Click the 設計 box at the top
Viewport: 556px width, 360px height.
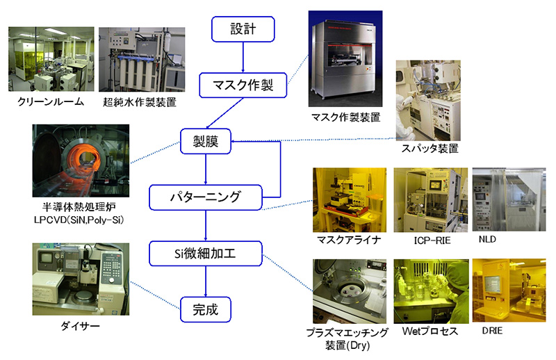pos(243,29)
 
